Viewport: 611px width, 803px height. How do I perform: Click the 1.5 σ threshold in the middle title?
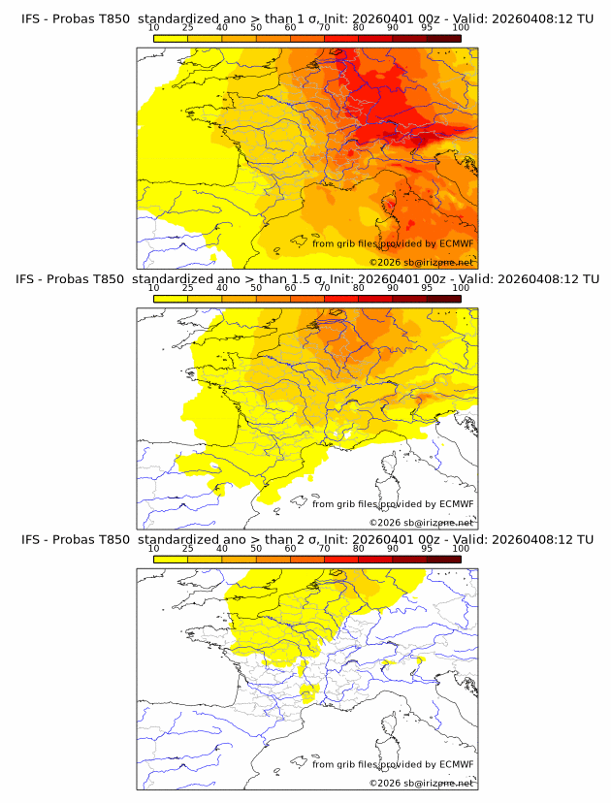click(301, 279)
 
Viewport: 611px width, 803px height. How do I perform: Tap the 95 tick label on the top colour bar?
click(427, 29)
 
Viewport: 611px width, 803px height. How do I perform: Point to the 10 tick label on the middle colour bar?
click(153, 288)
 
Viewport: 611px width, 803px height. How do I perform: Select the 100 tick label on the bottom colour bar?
click(461, 548)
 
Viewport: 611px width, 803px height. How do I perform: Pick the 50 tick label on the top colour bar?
click(256, 29)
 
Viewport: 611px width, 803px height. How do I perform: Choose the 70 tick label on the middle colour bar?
click(324, 288)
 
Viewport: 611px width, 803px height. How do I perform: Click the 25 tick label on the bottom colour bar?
click(187, 548)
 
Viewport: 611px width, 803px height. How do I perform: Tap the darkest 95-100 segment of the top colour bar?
click(443, 38)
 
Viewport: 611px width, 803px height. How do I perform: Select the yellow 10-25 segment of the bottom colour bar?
click(170, 558)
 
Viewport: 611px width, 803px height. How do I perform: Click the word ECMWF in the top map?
click(456, 244)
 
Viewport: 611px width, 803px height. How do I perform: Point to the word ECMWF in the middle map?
click(456, 504)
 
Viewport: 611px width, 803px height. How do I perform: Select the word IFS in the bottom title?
click(30, 539)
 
